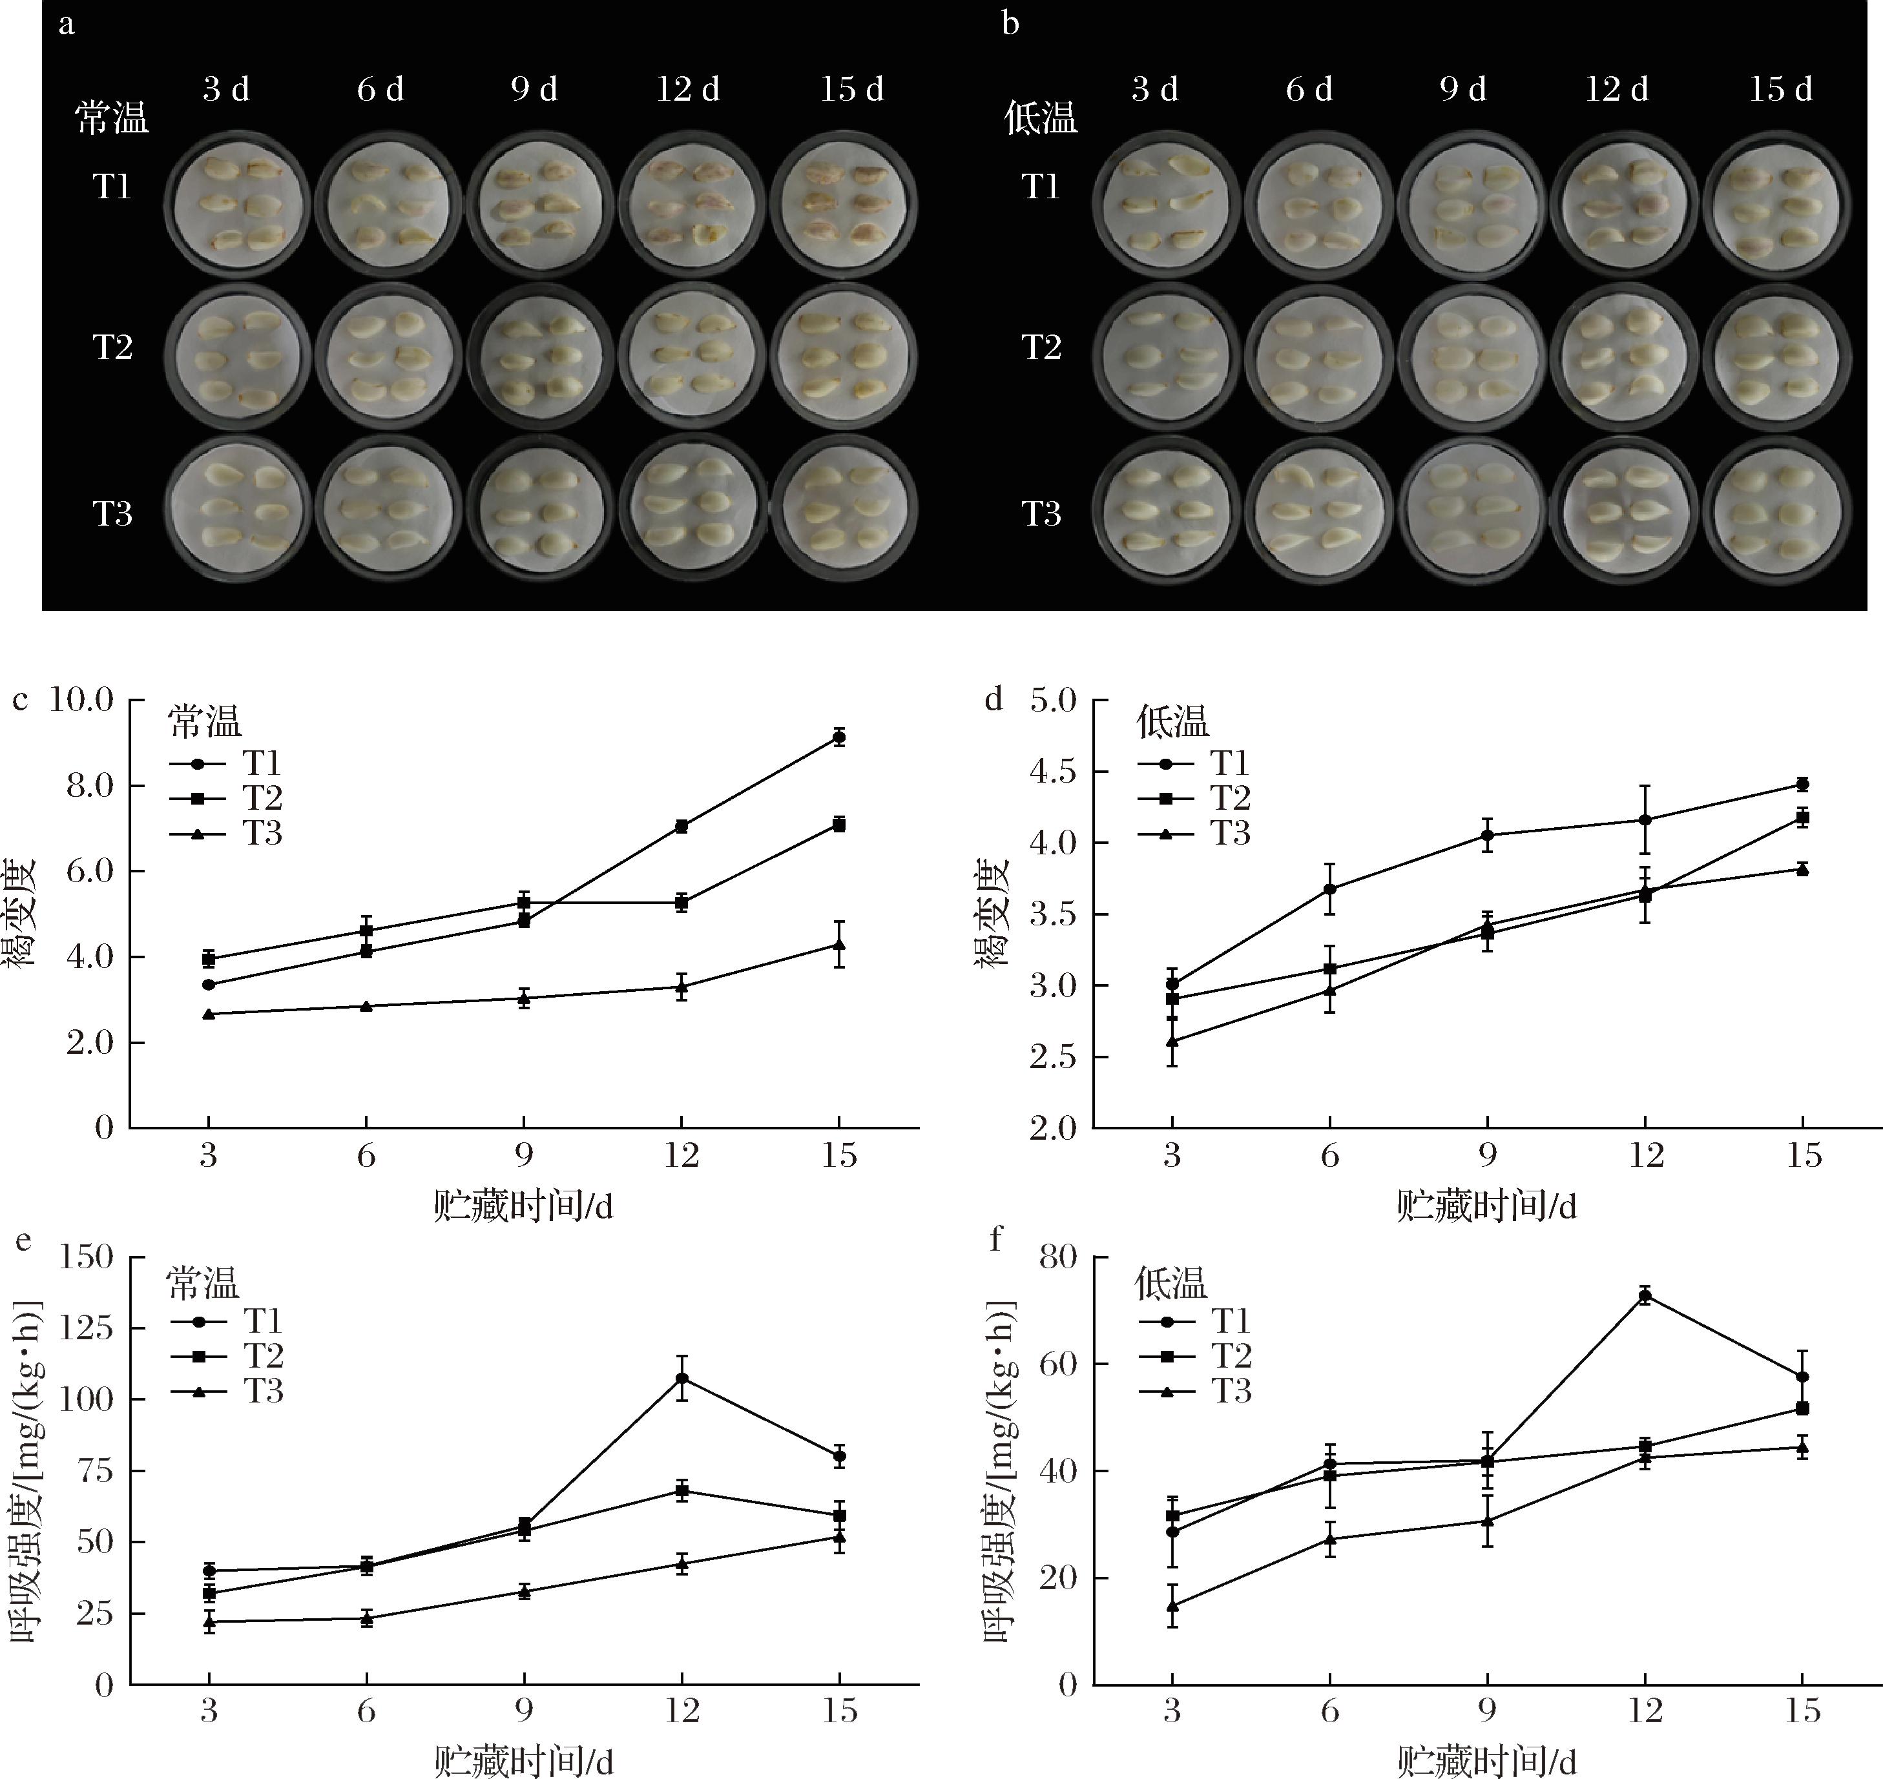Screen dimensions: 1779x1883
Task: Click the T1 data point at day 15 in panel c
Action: pos(838,737)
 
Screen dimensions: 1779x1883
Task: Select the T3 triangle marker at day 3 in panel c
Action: pos(209,1014)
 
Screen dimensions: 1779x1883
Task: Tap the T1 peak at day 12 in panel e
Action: pos(681,1378)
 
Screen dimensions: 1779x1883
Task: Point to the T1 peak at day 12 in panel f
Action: pos(1645,1297)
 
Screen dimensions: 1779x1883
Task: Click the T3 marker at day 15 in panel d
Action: pos(1802,869)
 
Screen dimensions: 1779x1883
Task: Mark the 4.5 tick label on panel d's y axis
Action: pos(1054,772)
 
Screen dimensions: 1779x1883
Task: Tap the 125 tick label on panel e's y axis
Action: pos(87,1328)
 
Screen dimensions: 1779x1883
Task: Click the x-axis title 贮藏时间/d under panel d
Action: pos(1486,1206)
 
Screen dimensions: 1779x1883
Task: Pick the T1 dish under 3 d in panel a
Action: pos(237,204)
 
